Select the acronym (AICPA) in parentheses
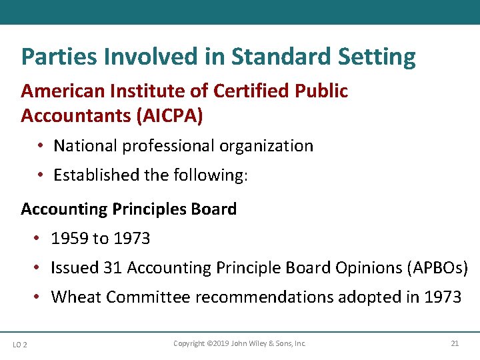tap(169, 115)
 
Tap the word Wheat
tap(75, 297)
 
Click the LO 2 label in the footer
tap(20, 345)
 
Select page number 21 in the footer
tap(455, 344)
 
